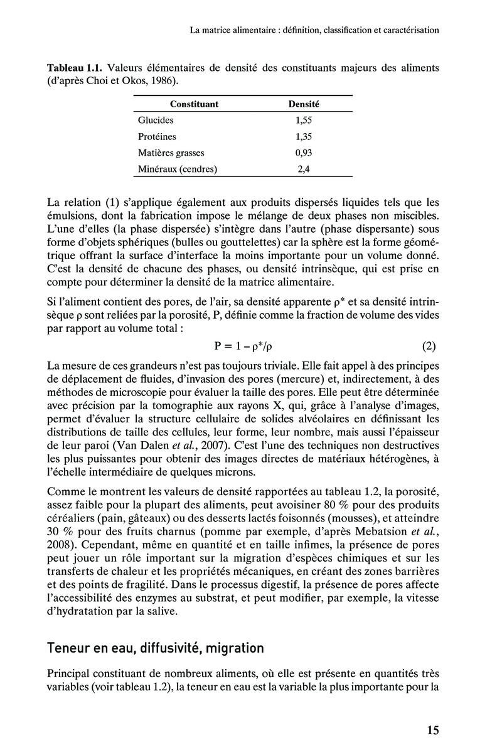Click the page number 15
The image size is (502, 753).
click(433, 730)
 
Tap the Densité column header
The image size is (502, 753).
click(304, 104)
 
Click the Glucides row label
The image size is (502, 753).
click(155, 120)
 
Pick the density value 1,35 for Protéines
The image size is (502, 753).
click(304, 136)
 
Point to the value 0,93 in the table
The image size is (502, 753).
click(304, 152)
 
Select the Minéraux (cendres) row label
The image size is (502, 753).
click(178, 169)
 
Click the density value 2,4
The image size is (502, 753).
click(304, 169)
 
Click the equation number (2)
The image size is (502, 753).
click(429, 346)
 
